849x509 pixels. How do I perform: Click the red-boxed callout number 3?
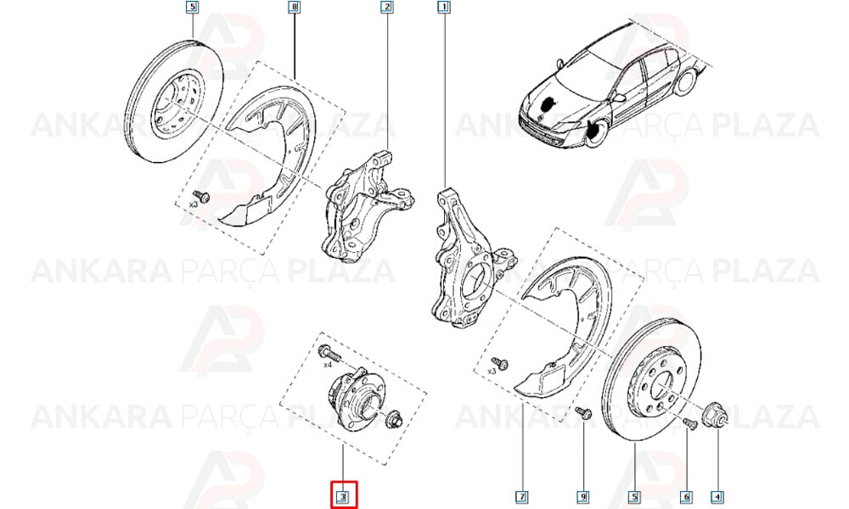click(x=343, y=495)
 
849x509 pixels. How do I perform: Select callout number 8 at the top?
click(x=294, y=8)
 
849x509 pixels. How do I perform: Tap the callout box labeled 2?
click(x=386, y=8)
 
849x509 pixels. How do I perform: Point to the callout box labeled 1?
click(x=443, y=8)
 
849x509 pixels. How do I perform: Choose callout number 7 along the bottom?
click(x=522, y=496)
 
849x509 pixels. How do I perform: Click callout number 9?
click(x=584, y=496)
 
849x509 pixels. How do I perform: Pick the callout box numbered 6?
click(x=685, y=496)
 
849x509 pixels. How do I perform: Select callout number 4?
click(x=717, y=496)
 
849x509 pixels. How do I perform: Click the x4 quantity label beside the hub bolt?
click(x=327, y=365)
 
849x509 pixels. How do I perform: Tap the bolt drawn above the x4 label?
click(x=329, y=353)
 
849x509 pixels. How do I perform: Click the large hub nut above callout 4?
click(x=715, y=415)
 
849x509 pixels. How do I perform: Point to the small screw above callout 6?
click(x=689, y=423)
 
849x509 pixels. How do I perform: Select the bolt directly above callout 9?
click(x=583, y=413)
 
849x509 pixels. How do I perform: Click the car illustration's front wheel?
click(x=597, y=133)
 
